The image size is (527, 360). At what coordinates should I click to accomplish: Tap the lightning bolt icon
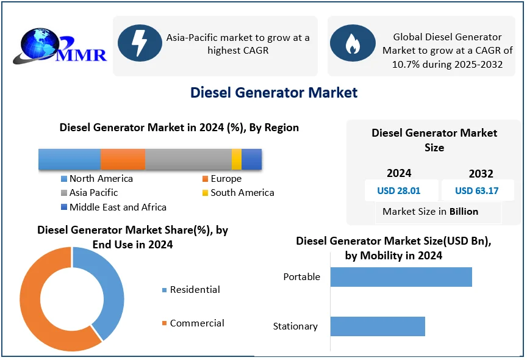(140, 43)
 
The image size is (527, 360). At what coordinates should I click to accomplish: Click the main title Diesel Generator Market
(274, 93)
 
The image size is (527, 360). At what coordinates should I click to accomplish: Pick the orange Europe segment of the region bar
(123, 159)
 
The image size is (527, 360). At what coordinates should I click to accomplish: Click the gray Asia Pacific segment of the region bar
(188, 159)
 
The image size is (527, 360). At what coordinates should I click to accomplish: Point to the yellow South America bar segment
(237, 159)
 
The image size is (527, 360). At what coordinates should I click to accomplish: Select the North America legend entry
(101, 179)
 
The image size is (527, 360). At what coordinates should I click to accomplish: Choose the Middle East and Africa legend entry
(117, 207)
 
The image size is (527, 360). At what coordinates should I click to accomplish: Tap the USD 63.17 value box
(477, 190)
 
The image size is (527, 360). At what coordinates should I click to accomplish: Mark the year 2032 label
(481, 174)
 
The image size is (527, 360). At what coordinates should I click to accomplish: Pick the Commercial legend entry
(196, 323)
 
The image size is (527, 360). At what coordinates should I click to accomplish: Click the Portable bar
(401, 277)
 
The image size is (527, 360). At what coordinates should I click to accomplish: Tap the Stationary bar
(378, 326)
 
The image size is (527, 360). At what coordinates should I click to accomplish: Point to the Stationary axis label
(295, 326)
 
